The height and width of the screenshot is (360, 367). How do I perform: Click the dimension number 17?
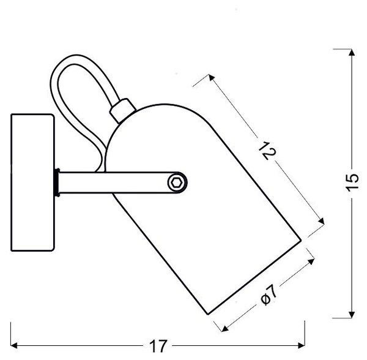[158, 346]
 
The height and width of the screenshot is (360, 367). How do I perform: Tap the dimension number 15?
[351, 183]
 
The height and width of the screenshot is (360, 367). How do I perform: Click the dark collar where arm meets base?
[57, 182]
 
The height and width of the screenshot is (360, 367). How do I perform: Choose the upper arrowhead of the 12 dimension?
[210, 77]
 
